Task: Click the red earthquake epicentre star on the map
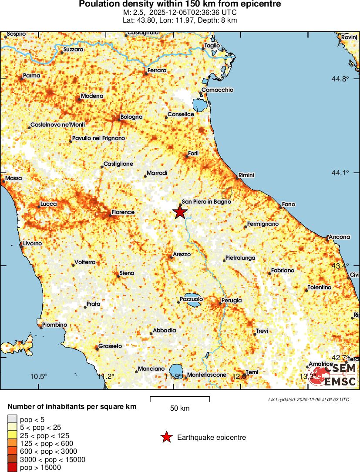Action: pos(180,212)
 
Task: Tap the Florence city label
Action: pos(123,212)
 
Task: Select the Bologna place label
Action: pos(131,117)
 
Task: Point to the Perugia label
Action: pos(231,301)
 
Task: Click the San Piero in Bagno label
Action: pos(206,201)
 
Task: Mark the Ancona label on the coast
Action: pos(340,237)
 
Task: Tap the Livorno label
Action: pos(32,244)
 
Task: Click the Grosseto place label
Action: pos(110,346)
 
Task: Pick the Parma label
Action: pos(31,76)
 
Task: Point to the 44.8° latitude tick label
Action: pos(341,79)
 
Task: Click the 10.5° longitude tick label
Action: pos(39,377)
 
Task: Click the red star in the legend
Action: pos(166,437)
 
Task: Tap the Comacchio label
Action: pos(217,90)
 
